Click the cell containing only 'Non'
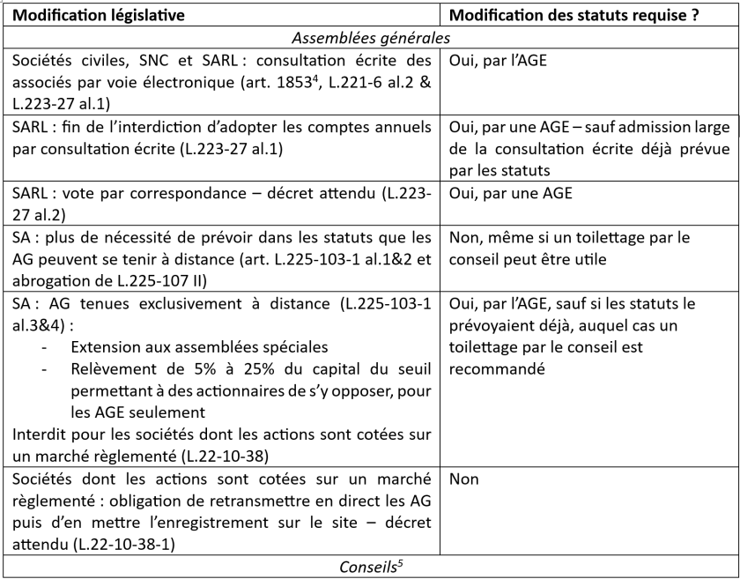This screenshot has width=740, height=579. [465, 481]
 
